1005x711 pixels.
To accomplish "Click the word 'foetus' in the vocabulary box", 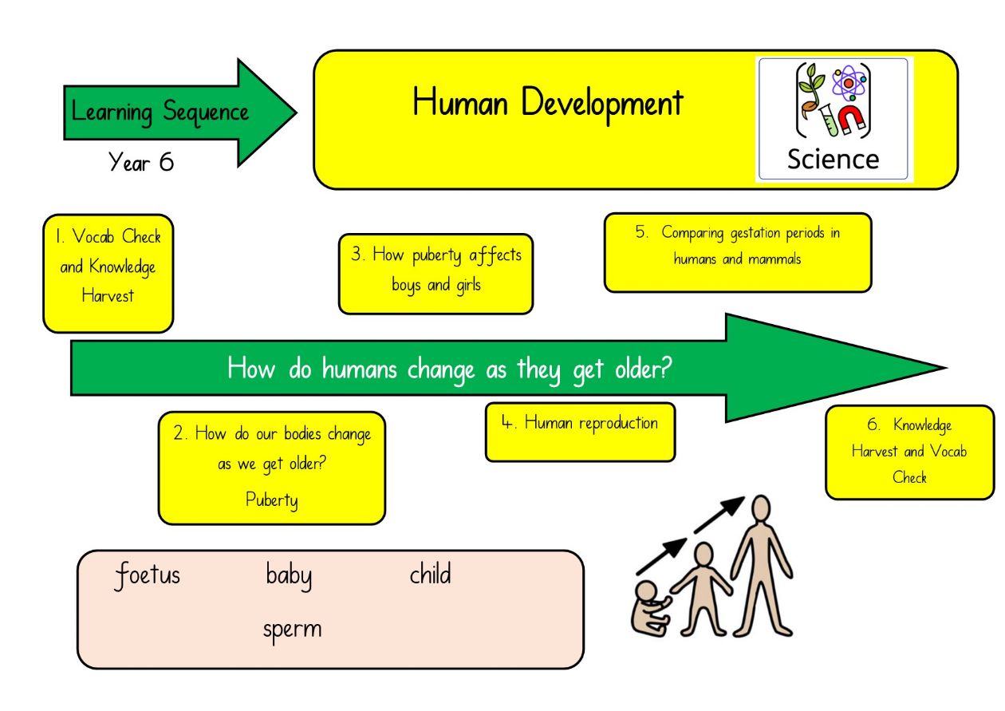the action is [x=148, y=575].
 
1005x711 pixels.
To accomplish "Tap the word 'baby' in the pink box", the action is [x=289, y=576].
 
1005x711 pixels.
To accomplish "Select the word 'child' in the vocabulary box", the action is [x=430, y=574].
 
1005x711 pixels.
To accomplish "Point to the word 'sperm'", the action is [x=293, y=630].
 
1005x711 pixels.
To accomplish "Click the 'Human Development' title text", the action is [x=548, y=104].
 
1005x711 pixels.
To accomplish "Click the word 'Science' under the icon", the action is [x=834, y=160].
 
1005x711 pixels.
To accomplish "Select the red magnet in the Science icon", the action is [x=850, y=120].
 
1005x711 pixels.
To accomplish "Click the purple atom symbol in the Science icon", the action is [x=849, y=83].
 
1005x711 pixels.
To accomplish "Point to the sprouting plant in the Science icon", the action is [x=810, y=94].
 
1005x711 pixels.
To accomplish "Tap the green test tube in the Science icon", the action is [x=828, y=120].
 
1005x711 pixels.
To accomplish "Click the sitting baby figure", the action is [x=651, y=608].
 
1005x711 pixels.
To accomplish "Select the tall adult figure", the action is [x=762, y=565].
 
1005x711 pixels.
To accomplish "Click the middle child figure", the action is [x=702, y=589].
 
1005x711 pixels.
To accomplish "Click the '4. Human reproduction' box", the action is [x=580, y=432].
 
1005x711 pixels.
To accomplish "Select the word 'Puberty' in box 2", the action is [x=272, y=500].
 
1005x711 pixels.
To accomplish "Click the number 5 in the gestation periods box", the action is [x=640, y=231].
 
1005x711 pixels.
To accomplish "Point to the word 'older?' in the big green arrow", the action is [x=644, y=369].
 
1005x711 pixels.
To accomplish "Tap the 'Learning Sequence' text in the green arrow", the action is [x=160, y=112].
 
